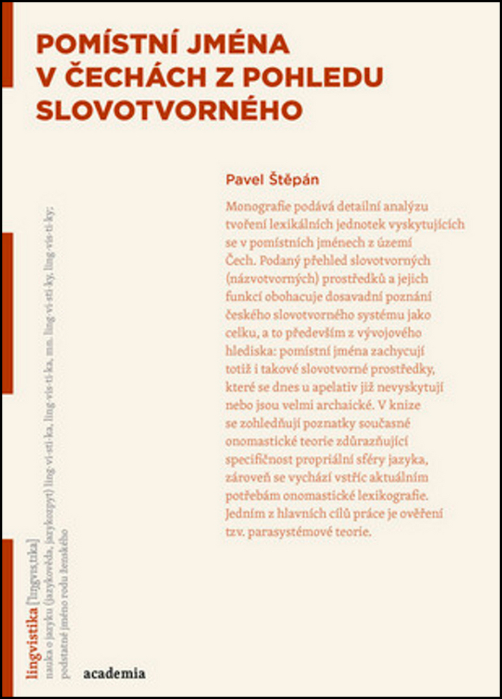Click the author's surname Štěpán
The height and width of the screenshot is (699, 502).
(x=294, y=180)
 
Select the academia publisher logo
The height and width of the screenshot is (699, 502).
(x=114, y=673)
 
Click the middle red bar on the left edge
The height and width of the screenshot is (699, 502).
(x=7, y=313)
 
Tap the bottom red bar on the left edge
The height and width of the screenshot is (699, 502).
(x=7, y=614)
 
